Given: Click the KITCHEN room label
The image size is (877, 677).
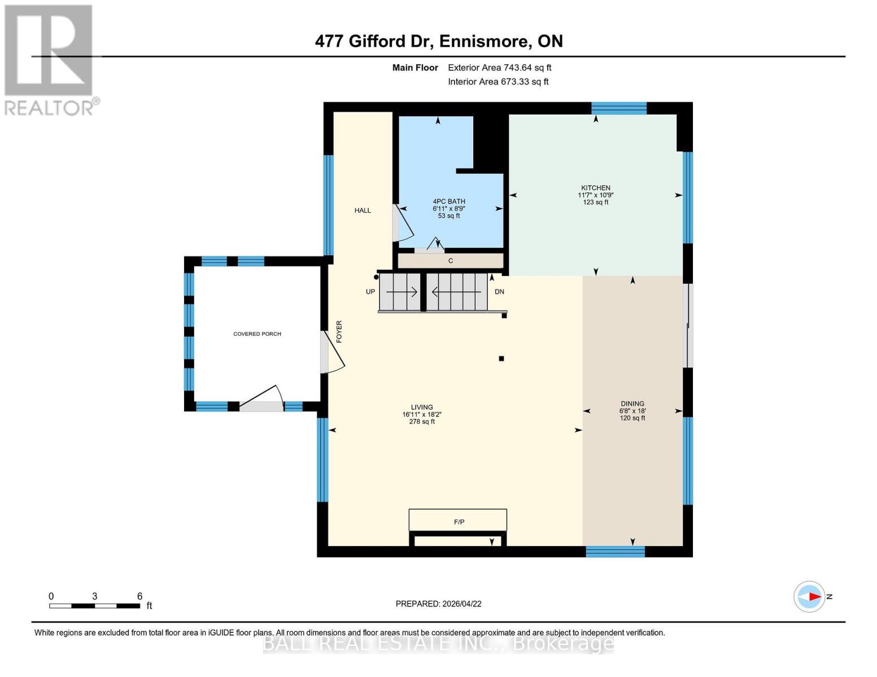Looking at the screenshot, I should click(596, 188).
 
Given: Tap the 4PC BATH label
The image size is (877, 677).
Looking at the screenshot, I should click(449, 201).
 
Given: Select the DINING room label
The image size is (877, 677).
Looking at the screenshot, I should click(632, 403).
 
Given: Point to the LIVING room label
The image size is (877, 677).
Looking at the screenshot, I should click(422, 407).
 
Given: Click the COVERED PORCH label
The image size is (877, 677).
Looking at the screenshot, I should click(257, 334).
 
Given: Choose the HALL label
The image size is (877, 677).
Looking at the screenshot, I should click(363, 210).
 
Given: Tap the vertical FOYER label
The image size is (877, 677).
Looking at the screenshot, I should click(339, 332).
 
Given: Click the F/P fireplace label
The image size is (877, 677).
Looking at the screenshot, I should click(459, 522).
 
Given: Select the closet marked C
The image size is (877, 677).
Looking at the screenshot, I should click(451, 261).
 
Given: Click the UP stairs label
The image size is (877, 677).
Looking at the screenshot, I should click(370, 292).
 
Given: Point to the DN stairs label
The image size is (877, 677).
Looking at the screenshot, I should click(499, 292).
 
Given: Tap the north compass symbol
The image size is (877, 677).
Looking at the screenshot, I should click(810, 596).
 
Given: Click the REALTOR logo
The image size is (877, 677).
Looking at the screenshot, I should click(49, 59).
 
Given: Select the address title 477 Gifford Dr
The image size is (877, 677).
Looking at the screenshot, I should click(438, 41).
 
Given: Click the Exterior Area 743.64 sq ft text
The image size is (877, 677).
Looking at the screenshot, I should click(499, 68).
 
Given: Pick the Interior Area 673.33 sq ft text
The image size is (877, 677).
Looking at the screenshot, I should click(498, 82).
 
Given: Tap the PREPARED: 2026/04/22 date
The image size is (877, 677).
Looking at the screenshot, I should click(438, 604).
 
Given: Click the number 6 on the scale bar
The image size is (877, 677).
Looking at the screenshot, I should click(139, 596).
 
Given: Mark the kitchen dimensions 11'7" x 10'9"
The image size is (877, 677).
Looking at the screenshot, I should click(596, 195).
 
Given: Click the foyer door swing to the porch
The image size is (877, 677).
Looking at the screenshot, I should click(333, 353).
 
